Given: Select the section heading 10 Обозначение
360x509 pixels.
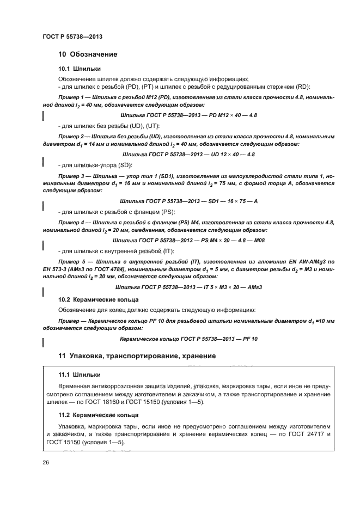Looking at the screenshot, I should coord(87,54).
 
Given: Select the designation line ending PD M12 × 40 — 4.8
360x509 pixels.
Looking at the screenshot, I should coord(188,116).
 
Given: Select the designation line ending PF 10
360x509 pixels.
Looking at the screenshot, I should coord(188,339).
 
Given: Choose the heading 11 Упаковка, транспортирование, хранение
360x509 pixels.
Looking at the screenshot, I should coord(137,356).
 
